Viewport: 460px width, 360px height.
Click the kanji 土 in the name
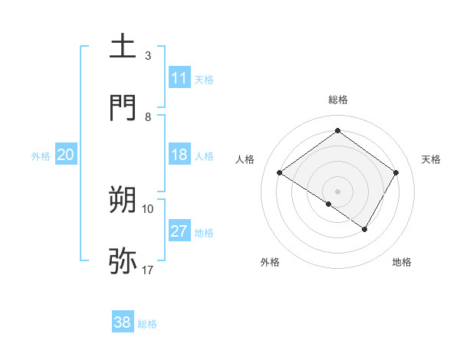(x=123, y=46)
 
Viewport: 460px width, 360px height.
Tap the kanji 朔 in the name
(x=123, y=199)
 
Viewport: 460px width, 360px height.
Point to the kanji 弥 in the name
(x=123, y=260)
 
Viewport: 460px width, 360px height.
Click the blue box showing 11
(x=179, y=78)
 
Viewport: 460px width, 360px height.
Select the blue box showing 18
(x=179, y=155)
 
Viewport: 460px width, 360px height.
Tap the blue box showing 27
(x=179, y=231)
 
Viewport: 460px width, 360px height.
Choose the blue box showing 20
(x=66, y=155)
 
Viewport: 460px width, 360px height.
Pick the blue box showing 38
(x=123, y=322)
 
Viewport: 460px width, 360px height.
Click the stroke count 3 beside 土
(x=148, y=55)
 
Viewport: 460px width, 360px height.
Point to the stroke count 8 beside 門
(x=148, y=116)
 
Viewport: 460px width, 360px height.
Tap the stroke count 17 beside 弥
(x=148, y=270)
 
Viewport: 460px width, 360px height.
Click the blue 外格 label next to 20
(x=41, y=155)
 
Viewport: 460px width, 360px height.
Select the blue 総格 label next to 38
(x=147, y=324)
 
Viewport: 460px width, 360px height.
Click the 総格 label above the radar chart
(x=338, y=100)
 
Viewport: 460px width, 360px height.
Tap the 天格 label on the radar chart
(x=431, y=159)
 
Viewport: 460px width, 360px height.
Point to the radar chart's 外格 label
(x=270, y=262)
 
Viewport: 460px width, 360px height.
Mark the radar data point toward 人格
(x=280, y=173)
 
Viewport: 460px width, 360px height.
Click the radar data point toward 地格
(x=365, y=229)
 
